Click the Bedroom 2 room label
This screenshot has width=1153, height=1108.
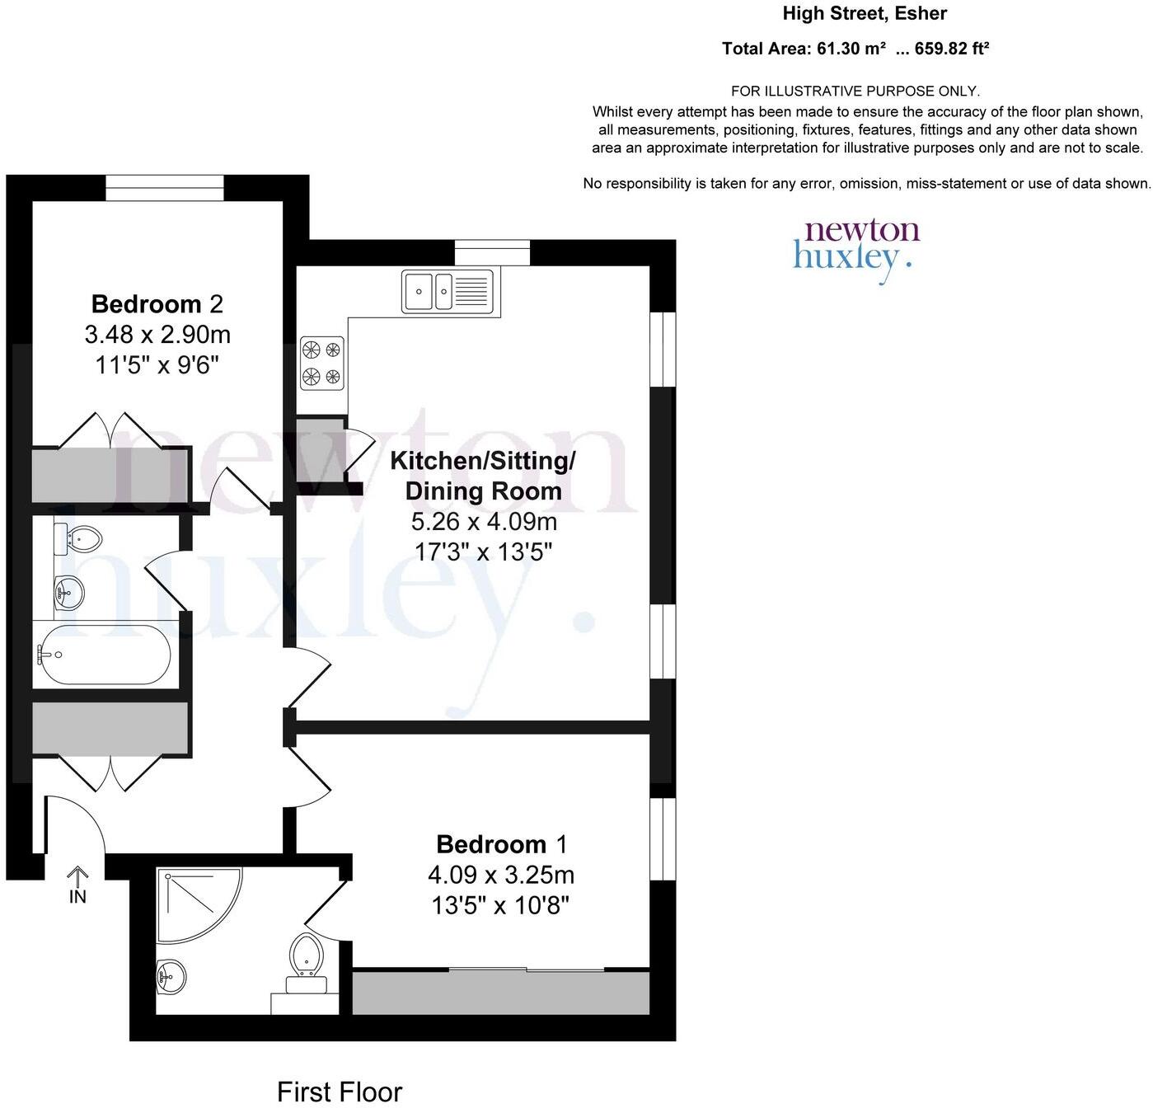pyautogui.click(x=157, y=304)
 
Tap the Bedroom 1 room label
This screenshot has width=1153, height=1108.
pyautogui.click(x=501, y=844)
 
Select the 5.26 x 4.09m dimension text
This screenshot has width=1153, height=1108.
pyautogui.click(x=483, y=522)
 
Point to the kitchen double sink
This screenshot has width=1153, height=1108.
pyautogui.click(x=448, y=291)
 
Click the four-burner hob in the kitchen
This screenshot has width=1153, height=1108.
pyautogui.click(x=321, y=363)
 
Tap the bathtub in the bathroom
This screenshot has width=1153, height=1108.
pyautogui.click(x=103, y=655)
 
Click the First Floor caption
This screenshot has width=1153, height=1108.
pyautogui.click(x=339, y=1092)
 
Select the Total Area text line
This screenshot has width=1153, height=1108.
pyautogui.click(x=855, y=49)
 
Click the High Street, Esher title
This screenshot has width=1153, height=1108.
pyautogui.click(x=864, y=13)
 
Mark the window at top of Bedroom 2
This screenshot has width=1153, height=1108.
pyautogui.click(x=165, y=187)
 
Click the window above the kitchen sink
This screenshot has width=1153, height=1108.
pyautogui.click(x=492, y=252)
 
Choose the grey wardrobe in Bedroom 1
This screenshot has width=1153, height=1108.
pyautogui.click(x=500, y=993)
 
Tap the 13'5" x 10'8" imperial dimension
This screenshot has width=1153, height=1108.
pyautogui.click(x=500, y=906)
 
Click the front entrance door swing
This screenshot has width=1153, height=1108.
pyautogui.click(x=74, y=824)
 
